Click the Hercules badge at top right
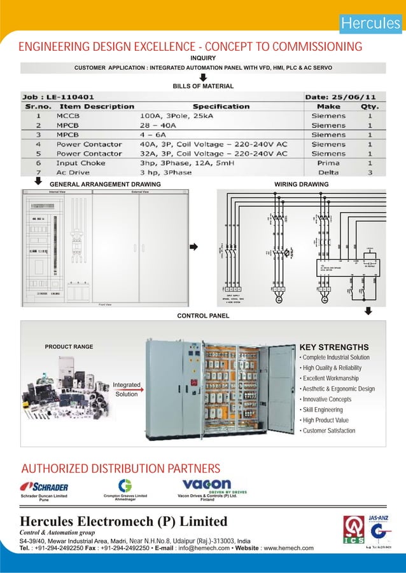(370, 24)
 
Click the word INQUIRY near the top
(204, 58)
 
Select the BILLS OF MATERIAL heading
(204, 85)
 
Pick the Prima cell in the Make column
(328, 163)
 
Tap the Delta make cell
(328, 172)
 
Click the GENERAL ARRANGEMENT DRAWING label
(105, 184)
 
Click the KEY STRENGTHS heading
(333, 347)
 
